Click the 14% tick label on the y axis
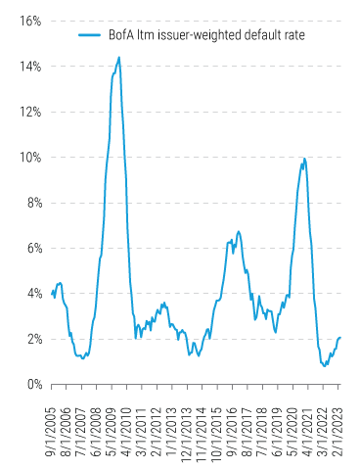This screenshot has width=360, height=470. [x=26, y=66]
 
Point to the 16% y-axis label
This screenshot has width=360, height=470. [x=26, y=21]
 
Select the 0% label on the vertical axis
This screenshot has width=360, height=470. [x=29, y=385]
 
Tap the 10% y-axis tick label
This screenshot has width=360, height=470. [x=26, y=157]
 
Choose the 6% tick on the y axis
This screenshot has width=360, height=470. [x=29, y=248]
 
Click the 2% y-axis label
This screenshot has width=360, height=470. [x=29, y=339]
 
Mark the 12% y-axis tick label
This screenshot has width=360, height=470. [x=26, y=112]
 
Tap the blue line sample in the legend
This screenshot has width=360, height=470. [x=91, y=34]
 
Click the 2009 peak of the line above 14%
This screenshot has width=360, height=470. [x=119, y=57]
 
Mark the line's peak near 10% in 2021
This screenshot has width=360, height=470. [x=305, y=158]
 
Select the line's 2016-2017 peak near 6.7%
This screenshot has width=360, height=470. [x=239, y=231]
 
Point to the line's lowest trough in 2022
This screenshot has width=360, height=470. [x=324, y=365]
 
